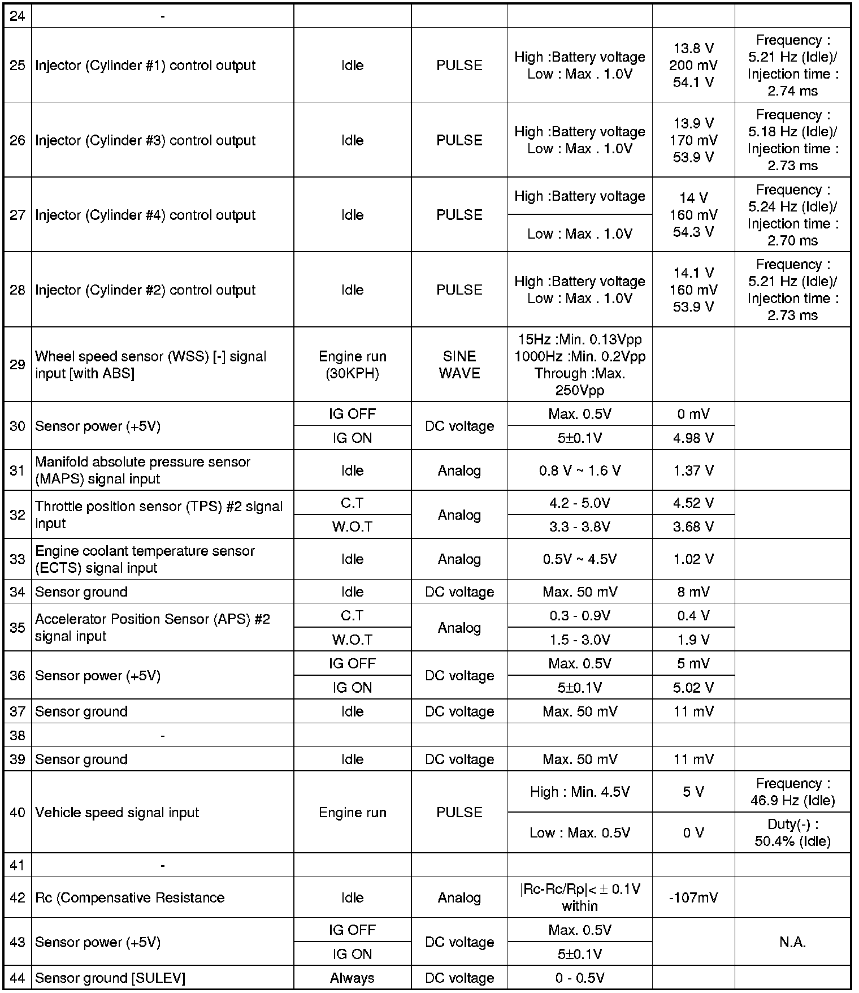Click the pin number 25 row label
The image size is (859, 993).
coord(18,66)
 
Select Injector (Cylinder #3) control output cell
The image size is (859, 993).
coord(145,140)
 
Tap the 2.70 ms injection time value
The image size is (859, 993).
coord(792,240)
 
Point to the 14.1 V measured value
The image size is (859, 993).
coord(693,273)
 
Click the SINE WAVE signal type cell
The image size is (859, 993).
coord(459,365)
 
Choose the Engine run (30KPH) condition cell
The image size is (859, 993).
coord(352,365)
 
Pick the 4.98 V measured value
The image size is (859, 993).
coord(693,438)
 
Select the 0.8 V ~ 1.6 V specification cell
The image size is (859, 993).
coord(579,470)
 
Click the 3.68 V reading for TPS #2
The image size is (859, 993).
coord(693,526)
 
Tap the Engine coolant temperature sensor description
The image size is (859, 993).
coord(145,559)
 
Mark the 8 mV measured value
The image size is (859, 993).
coord(693,592)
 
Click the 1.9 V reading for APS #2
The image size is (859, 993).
coord(693,640)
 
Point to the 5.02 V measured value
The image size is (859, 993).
coord(693,688)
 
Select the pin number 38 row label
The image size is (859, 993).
coord(18,735)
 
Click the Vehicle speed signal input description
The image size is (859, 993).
coord(117,813)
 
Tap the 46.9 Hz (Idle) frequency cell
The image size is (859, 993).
coord(792,792)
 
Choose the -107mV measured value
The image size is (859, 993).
coord(693,897)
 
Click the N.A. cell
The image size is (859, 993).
coord(792,942)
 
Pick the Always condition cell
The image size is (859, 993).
coord(352,978)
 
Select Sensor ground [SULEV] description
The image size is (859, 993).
coord(110,978)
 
